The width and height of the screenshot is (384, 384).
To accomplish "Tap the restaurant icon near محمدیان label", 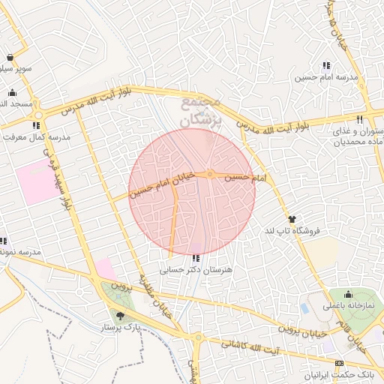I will coord(360,119).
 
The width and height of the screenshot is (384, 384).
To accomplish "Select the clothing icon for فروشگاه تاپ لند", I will coord(292,219).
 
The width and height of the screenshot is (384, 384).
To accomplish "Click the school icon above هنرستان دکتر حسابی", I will coord(196,258).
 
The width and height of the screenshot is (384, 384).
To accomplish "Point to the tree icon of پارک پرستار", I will coord(121,316).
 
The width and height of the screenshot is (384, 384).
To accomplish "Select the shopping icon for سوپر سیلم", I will coord(9,58).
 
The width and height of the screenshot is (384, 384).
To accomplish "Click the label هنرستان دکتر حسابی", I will coord(196,268).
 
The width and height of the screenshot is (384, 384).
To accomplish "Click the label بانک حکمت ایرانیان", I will coord(341,373).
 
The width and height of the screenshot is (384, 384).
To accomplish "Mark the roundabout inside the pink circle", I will coord(211,174).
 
